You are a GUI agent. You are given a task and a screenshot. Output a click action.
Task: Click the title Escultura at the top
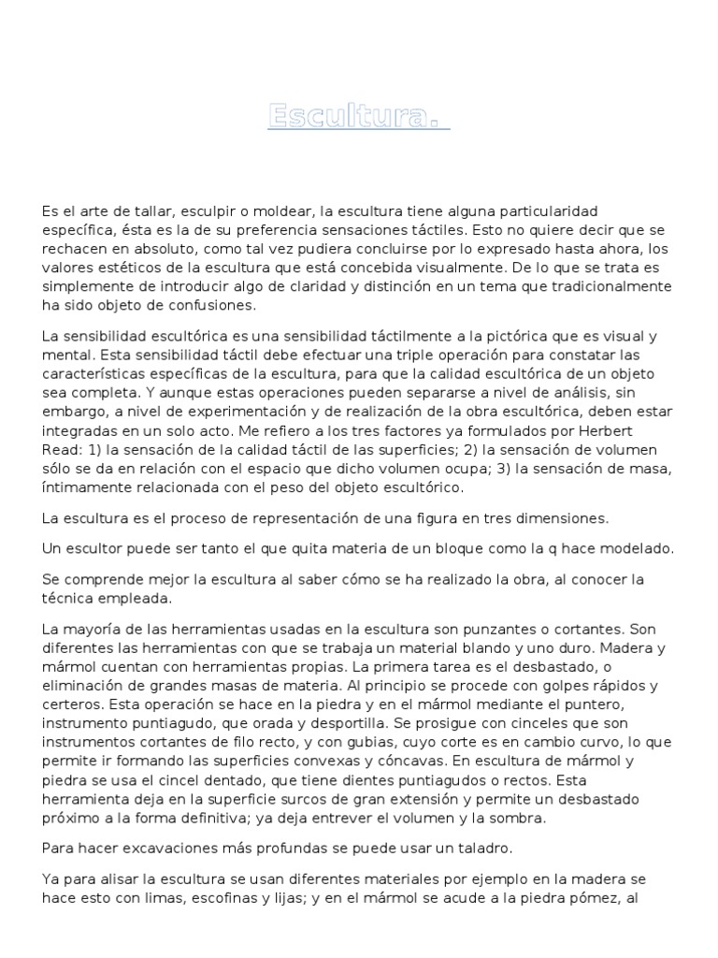tap(358, 116)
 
